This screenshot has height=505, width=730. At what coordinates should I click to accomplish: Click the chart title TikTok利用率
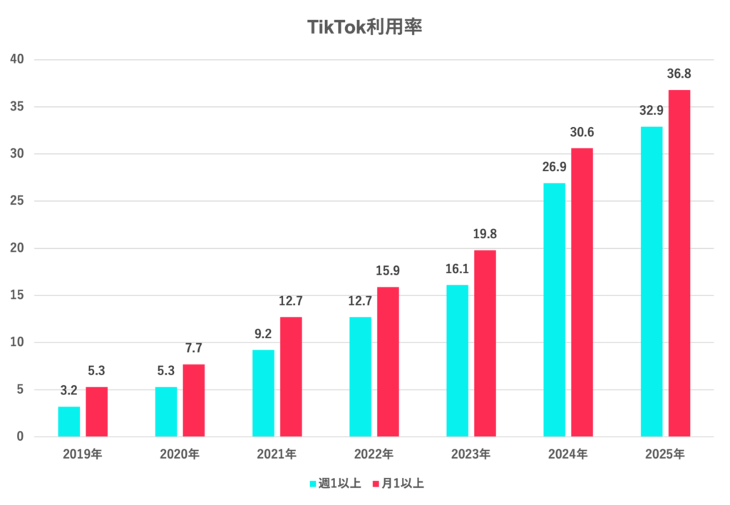click(364, 27)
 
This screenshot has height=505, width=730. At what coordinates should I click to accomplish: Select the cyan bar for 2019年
click(69, 421)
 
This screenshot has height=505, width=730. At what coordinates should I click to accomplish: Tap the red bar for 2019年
click(96, 412)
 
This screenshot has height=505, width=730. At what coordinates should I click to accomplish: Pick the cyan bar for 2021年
click(263, 392)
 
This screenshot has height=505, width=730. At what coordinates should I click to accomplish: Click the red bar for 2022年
click(388, 361)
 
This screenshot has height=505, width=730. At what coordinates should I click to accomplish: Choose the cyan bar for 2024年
click(554, 309)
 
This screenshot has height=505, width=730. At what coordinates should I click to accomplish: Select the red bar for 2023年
click(485, 342)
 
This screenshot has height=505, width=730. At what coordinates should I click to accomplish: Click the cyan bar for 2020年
click(166, 412)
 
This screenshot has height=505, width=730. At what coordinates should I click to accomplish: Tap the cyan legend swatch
click(312, 484)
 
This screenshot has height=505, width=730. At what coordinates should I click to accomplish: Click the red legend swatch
click(376, 484)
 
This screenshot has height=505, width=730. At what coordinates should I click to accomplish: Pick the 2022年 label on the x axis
click(374, 454)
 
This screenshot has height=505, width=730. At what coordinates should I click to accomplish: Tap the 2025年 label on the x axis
click(665, 454)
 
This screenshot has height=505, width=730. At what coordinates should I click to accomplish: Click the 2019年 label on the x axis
click(83, 454)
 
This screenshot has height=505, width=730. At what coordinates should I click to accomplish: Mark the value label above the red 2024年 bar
click(582, 132)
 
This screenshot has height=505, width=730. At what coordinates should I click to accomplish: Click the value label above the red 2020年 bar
click(194, 349)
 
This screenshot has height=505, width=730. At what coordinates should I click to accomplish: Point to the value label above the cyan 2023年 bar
click(458, 269)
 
